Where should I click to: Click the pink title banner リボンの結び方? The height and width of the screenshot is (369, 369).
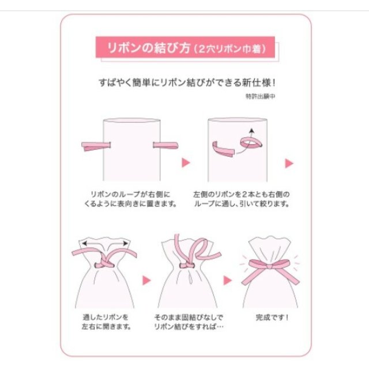tap(185, 47)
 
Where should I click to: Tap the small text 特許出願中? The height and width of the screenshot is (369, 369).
tap(261, 96)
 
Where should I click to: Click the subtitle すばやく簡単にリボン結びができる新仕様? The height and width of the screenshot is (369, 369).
tap(187, 82)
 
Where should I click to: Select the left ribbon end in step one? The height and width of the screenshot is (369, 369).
tap(96, 146)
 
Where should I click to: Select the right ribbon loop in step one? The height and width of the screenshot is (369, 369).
tap(165, 145)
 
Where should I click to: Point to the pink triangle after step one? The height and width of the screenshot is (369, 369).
tap(186, 163)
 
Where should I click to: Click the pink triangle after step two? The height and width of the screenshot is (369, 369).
tap(289, 163)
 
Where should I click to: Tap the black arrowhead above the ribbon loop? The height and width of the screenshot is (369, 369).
tap(252, 130)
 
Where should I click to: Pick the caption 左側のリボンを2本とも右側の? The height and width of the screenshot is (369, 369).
tap(242, 194)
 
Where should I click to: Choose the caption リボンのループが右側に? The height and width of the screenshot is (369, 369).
tap(130, 194)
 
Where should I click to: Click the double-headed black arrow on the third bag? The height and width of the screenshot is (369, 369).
tap(105, 243)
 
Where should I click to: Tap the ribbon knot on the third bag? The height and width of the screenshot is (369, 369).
tap(104, 263)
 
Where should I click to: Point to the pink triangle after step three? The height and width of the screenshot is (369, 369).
tap(146, 280)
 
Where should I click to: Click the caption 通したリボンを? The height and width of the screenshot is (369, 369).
tap(106, 317)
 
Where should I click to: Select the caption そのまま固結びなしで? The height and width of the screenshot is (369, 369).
tap(189, 317)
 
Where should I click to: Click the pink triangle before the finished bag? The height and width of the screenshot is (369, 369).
tap(227, 280)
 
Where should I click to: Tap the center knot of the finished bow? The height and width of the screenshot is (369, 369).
tap(270, 267)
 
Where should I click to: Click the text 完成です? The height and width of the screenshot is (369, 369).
tap(272, 318)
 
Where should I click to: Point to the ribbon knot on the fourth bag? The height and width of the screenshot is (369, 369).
tap(187, 265)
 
